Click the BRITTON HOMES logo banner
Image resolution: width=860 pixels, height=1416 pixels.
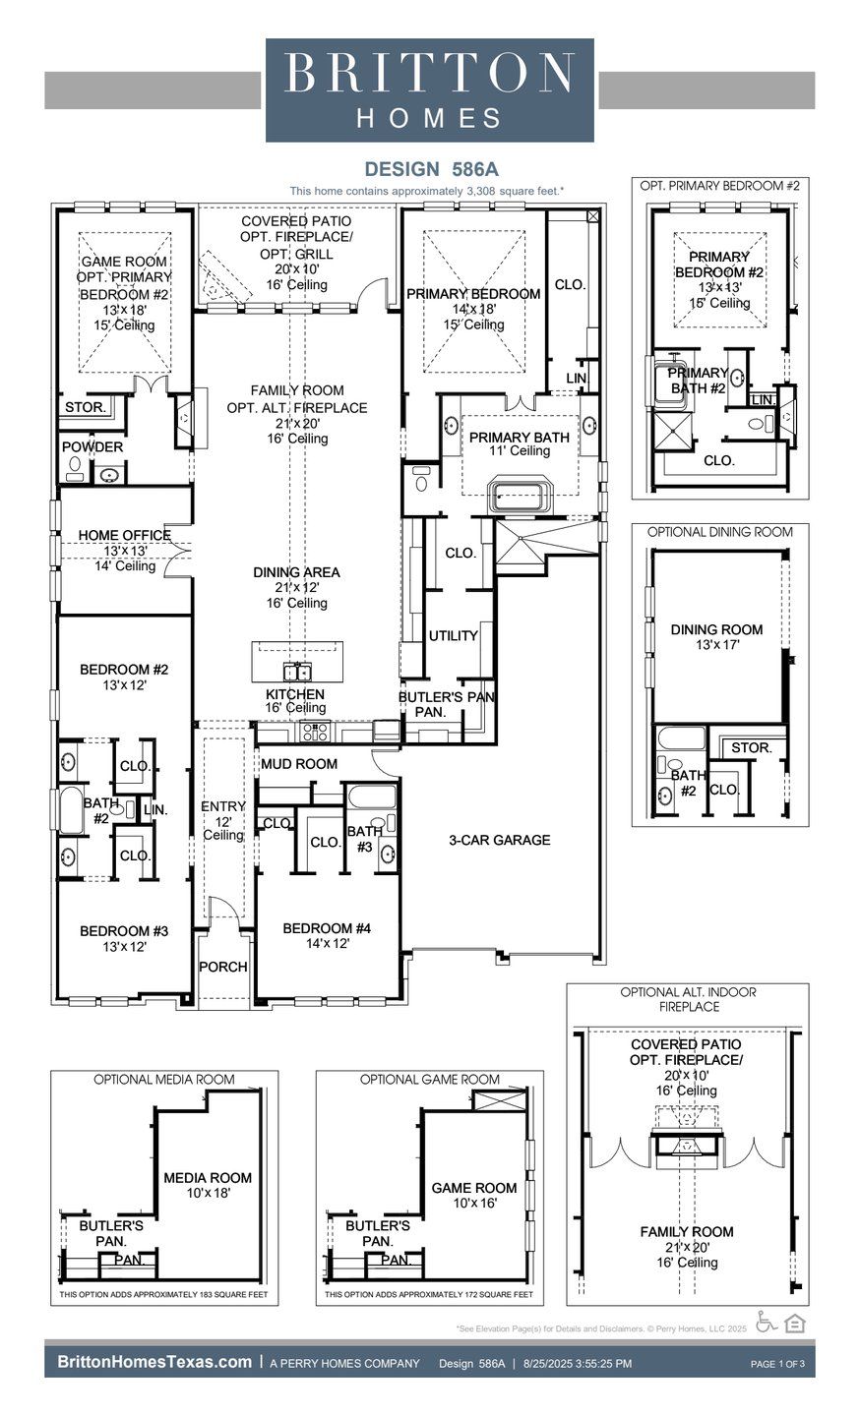(x=430, y=90)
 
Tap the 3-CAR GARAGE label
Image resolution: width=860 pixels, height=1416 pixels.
(x=499, y=840)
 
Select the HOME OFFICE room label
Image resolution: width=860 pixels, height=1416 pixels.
(x=125, y=536)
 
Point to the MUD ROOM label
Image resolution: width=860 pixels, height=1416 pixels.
(x=298, y=764)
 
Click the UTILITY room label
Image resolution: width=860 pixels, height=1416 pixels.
(x=453, y=636)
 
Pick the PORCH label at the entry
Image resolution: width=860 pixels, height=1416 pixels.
(x=223, y=967)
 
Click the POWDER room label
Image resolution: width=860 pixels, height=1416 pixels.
(x=92, y=447)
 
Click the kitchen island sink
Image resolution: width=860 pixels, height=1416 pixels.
(x=297, y=672)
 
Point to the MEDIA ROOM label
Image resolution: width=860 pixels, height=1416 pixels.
(x=208, y=1178)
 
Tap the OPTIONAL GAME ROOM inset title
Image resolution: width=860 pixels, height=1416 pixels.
(x=429, y=1079)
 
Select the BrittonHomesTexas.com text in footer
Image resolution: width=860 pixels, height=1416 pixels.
(x=154, y=1362)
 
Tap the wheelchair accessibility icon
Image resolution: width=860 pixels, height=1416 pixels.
(x=767, y=1323)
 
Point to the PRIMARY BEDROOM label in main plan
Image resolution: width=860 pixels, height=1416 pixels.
(x=472, y=294)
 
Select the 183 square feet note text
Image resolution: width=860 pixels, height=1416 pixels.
(x=163, y=1295)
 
